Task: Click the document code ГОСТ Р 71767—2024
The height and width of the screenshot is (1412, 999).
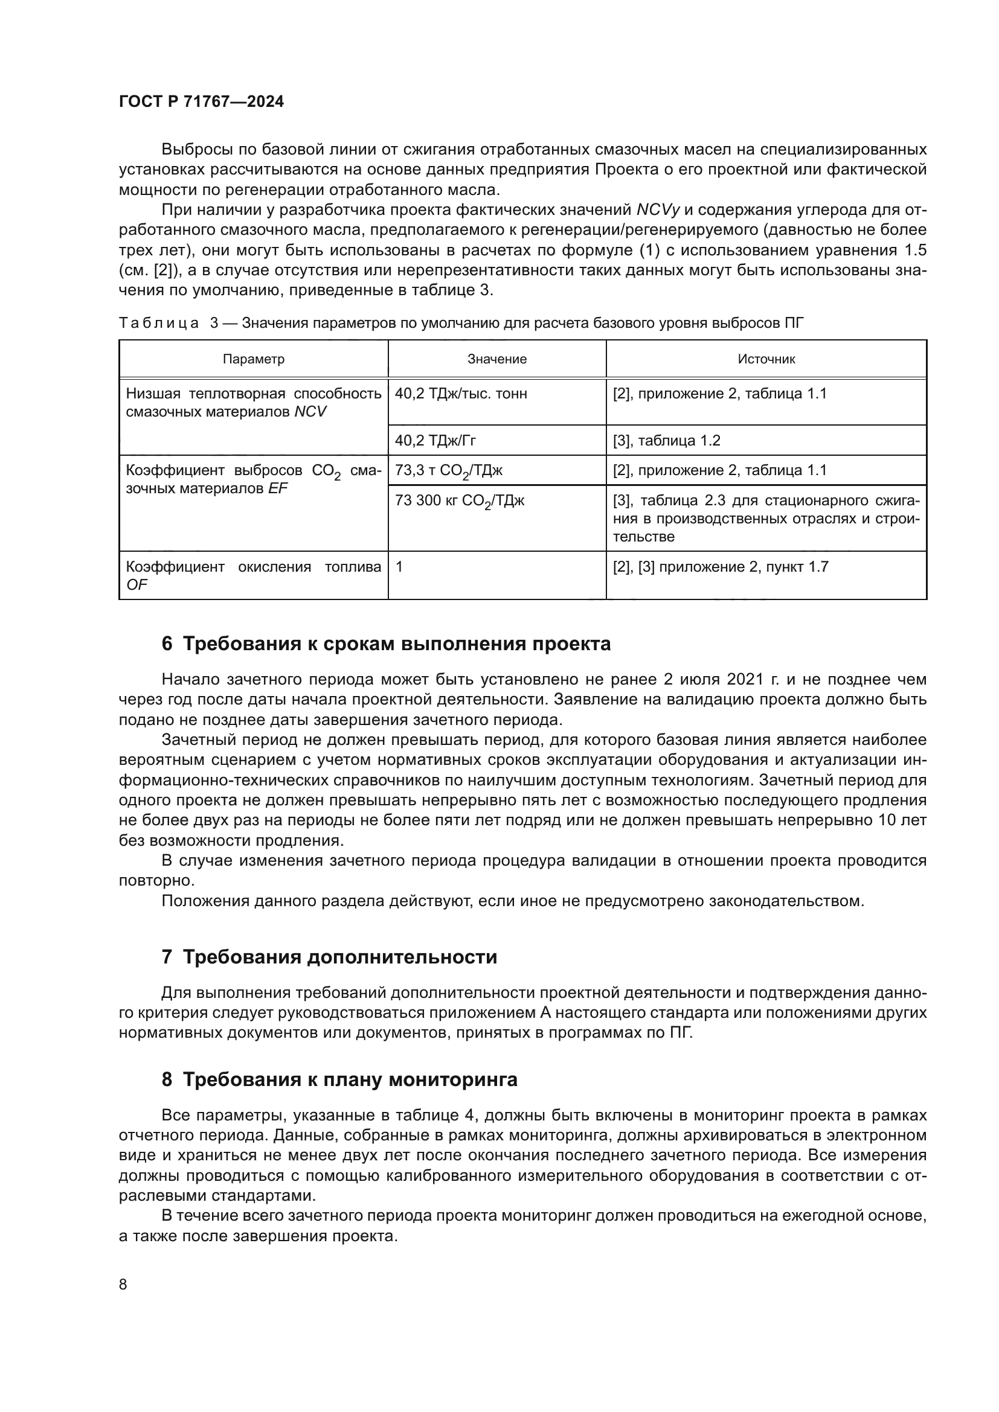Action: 201,101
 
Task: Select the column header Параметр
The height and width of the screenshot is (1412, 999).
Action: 254,359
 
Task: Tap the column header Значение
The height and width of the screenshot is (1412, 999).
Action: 496,359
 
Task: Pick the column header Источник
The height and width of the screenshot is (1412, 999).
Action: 766,359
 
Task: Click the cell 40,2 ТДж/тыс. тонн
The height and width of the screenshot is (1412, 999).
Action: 461,394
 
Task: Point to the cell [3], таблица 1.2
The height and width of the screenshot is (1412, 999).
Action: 666,440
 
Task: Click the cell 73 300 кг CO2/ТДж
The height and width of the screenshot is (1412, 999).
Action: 460,501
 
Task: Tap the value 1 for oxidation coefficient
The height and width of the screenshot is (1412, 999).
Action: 399,566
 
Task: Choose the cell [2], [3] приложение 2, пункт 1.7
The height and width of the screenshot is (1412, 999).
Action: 721,566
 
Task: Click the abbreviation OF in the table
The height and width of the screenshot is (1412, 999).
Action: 137,585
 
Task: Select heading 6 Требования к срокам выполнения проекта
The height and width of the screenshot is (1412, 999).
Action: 386,644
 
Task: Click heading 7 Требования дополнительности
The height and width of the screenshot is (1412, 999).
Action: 329,957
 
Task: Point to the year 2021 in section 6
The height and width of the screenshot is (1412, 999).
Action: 745,680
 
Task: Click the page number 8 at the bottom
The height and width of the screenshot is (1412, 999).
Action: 123,1284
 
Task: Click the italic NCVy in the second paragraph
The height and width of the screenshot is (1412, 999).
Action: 658,210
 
